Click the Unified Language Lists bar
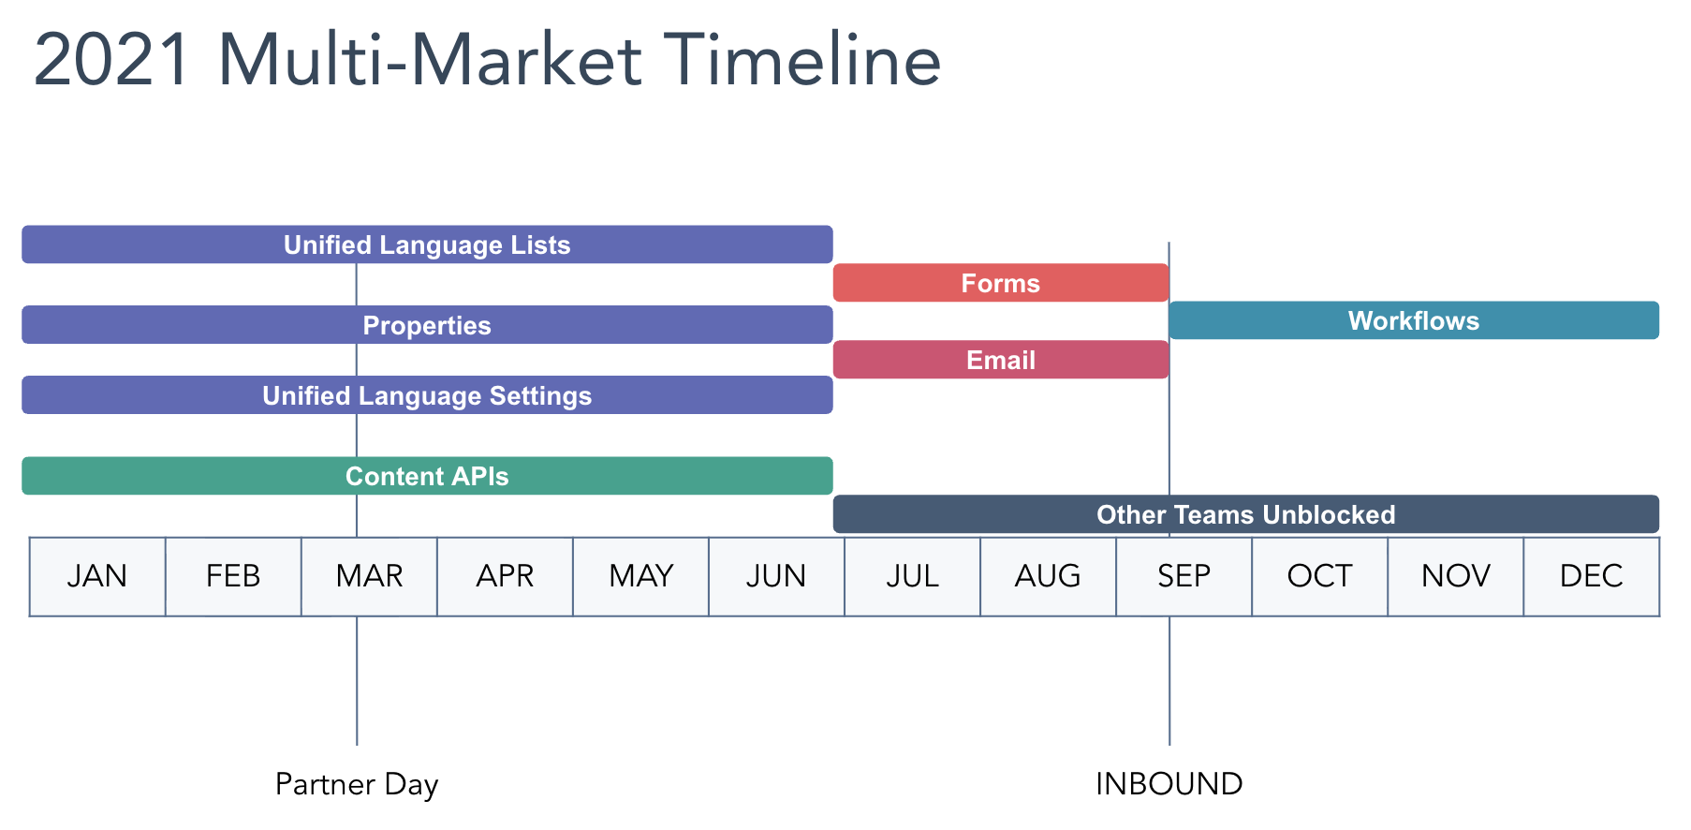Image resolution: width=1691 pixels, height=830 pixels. [427, 245]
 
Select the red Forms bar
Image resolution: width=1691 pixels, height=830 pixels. [1000, 283]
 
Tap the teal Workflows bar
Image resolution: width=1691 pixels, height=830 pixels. [1413, 320]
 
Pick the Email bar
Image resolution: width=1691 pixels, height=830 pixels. [1000, 360]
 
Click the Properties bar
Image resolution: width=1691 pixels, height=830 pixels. [427, 325]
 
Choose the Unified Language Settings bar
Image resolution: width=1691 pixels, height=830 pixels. [427, 395]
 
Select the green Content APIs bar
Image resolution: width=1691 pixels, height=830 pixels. [427, 476]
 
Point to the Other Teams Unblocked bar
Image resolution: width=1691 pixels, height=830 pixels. [1245, 514]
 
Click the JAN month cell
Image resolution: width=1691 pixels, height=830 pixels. [97, 576]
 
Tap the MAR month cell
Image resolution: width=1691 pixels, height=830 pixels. [369, 576]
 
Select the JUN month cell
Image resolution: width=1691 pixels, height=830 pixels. [776, 576]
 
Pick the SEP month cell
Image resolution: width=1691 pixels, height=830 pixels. [1184, 576]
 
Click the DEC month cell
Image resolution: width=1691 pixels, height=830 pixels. [1591, 576]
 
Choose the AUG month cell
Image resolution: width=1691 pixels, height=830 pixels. [1048, 576]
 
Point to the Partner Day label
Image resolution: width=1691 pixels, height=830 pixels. [357, 784]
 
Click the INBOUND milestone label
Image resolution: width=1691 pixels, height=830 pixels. [1169, 784]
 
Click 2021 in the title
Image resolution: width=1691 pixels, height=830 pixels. [113, 61]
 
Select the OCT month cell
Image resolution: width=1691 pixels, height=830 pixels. [1319, 576]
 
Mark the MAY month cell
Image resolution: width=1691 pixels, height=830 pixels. [640, 576]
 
